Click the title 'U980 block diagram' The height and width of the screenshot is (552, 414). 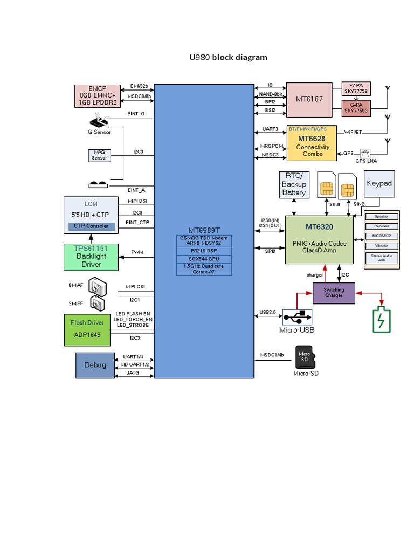(228, 57)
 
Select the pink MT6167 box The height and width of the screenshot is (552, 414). (309, 99)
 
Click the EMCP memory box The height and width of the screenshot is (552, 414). (98, 95)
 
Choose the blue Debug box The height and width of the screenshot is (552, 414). (95, 365)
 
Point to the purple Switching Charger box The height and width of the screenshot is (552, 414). (334, 293)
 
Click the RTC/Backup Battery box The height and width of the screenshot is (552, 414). (294, 184)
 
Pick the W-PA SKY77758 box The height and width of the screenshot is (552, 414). (356, 88)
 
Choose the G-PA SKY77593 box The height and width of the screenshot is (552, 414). (356, 108)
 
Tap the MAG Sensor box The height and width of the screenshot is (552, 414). (99, 155)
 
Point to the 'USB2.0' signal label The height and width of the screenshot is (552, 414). (268, 312)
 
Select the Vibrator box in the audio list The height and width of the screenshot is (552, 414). (381, 246)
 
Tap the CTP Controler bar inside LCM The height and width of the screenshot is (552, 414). (91, 226)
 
